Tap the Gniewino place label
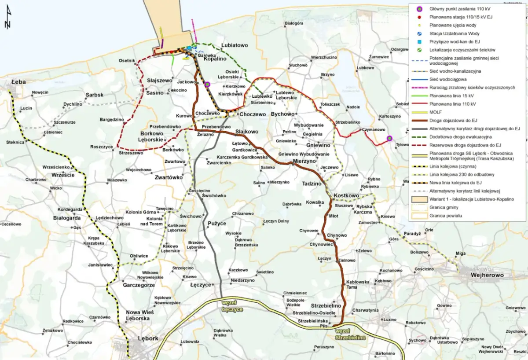click(x=318, y=145)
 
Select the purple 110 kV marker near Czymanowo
click(x=389, y=139)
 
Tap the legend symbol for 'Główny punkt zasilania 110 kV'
click(x=420, y=8)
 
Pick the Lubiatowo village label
click(x=235, y=45)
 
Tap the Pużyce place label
click(x=216, y=224)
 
